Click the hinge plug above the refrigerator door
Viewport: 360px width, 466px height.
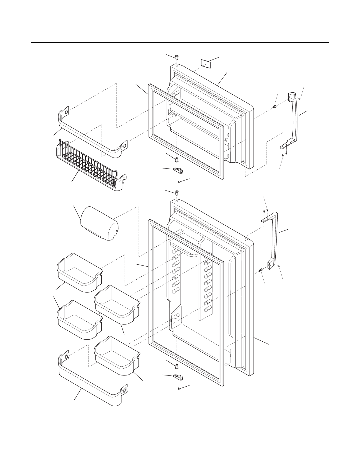click(177, 193)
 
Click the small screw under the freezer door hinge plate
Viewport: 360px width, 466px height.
click(179, 182)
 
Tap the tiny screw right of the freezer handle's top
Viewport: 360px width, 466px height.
click(299, 99)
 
